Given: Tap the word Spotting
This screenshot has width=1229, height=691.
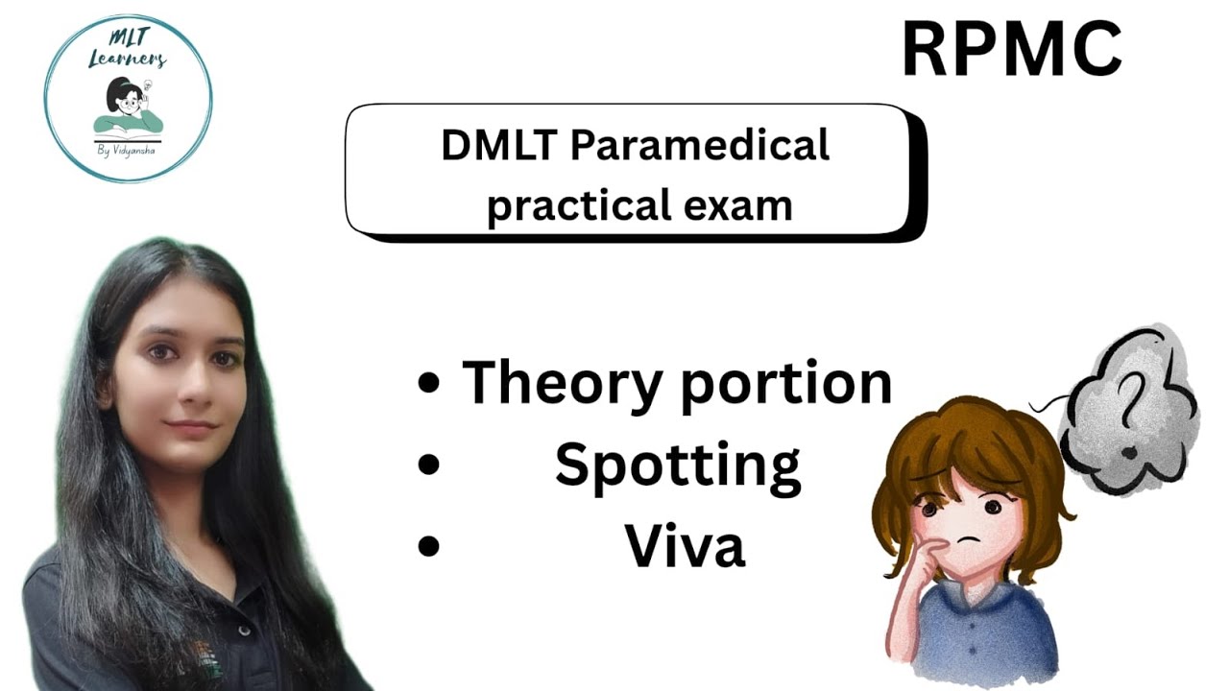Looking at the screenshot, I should pos(677,465).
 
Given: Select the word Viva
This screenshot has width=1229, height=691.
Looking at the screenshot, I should pos(685,546).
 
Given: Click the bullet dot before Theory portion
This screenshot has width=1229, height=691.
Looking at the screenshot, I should pos(429,384).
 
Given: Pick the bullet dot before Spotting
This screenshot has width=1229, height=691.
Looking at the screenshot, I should pos(429,465).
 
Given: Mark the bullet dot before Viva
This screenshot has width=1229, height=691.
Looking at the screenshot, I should pos(429,546).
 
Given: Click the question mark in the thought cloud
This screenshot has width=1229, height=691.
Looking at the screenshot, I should pos(1132,392).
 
